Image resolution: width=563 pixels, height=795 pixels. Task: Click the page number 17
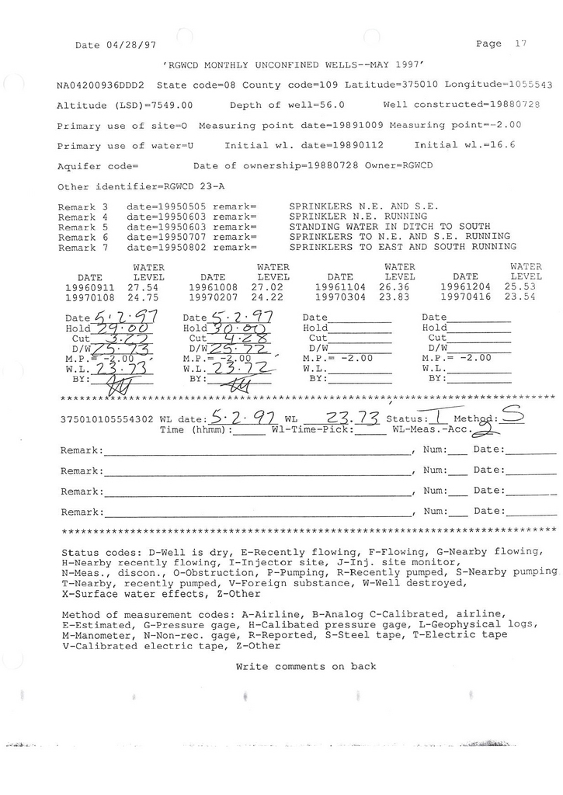[x=520, y=44]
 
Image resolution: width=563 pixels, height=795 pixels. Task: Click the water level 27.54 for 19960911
[x=149, y=287]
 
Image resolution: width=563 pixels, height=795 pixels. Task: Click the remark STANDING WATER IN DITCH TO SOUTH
[x=389, y=226]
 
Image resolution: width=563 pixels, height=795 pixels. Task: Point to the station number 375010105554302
[x=108, y=419]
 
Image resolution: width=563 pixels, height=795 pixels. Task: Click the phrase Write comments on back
[x=306, y=666]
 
